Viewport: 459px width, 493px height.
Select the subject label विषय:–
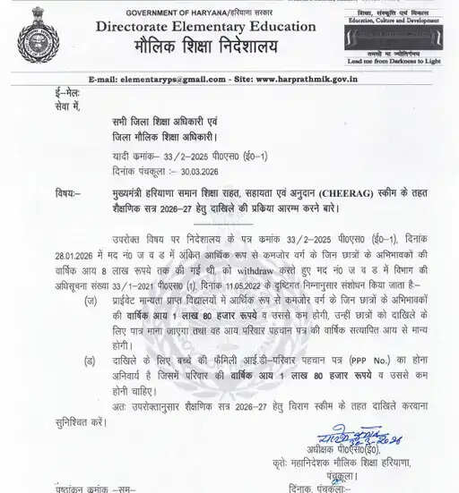coord(72,192)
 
